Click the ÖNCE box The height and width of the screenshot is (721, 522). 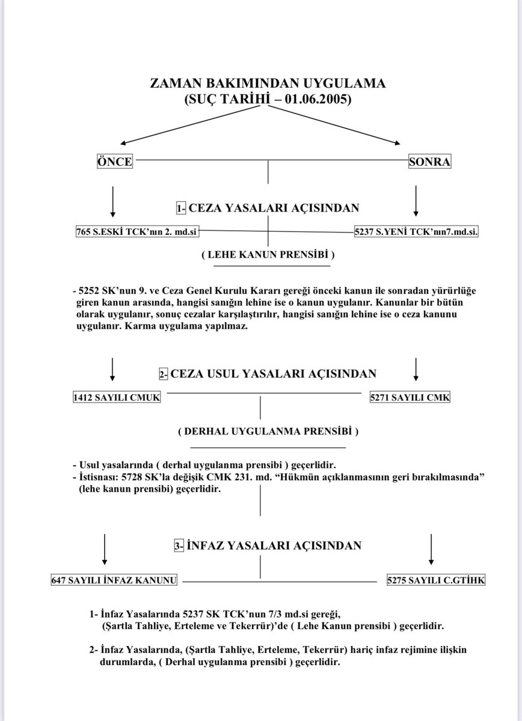[114, 162]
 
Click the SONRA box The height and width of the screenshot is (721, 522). [429, 162]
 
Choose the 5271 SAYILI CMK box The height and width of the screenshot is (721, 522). [410, 398]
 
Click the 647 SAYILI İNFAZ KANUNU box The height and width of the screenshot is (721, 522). [114, 580]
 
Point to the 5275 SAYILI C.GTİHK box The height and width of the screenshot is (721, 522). [436, 580]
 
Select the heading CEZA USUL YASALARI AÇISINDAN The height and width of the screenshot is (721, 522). [274, 374]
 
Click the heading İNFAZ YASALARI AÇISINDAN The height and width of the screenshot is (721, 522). [274, 546]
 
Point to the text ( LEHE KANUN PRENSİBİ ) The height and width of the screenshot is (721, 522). [268, 255]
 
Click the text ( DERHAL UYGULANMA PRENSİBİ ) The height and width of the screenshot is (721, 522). [268, 431]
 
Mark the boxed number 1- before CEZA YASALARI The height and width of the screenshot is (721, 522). [181, 208]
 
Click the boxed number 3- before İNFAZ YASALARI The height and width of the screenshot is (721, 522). [179, 546]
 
